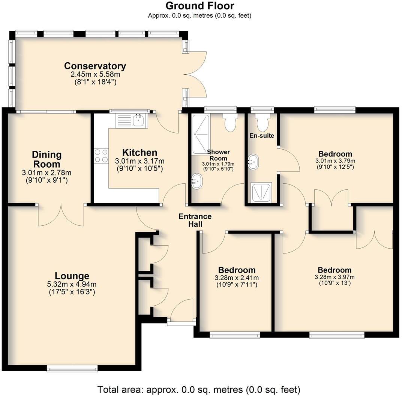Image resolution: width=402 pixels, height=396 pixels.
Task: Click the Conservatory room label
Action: (x=95, y=66)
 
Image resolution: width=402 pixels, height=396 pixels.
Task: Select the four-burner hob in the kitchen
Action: (x=101, y=156)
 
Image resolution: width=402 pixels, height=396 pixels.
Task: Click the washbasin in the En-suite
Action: (x=253, y=162)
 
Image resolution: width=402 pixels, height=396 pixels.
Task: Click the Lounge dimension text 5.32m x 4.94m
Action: (x=72, y=284)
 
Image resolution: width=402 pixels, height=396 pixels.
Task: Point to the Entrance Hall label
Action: (x=195, y=220)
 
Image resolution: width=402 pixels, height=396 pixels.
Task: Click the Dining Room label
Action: (x=46, y=159)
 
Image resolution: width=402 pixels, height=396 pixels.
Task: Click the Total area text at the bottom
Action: (x=199, y=389)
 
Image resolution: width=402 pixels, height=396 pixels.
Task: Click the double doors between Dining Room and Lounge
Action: (x=61, y=215)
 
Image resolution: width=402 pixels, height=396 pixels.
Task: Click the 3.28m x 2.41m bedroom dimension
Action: (x=237, y=278)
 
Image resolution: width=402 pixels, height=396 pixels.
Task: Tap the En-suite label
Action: (x=262, y=136)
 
